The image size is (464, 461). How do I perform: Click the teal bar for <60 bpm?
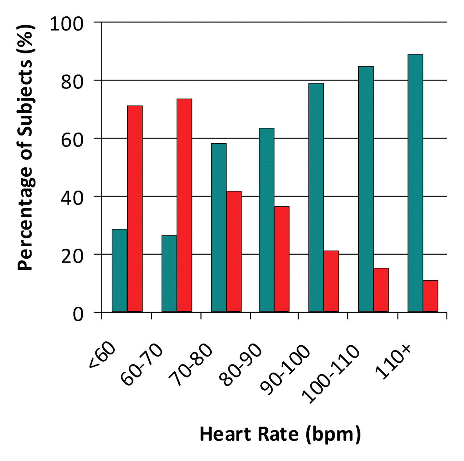[120, 270]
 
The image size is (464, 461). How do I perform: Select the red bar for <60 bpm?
[135, 209]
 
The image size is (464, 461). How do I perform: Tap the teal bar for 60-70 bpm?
[169, 273]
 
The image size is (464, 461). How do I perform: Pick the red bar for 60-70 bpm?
[185, 205]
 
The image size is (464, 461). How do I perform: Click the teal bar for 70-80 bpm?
[219, 227]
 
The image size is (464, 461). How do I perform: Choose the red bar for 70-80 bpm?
[234, 251]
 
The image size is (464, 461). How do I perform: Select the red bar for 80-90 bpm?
[282, 259]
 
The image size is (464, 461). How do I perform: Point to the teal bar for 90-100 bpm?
[316, 198]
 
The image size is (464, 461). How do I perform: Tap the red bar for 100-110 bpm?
[381, 290]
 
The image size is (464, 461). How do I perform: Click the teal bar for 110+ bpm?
[415, 183]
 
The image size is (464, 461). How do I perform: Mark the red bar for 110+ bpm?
[431, 296]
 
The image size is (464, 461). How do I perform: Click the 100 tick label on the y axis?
[67, 24]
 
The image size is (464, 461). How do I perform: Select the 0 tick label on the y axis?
[78, 314]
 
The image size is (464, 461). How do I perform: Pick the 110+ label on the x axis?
[393, 362]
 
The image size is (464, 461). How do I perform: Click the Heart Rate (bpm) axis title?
[280, 434]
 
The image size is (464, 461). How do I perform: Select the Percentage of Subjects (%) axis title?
[25, 147]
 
